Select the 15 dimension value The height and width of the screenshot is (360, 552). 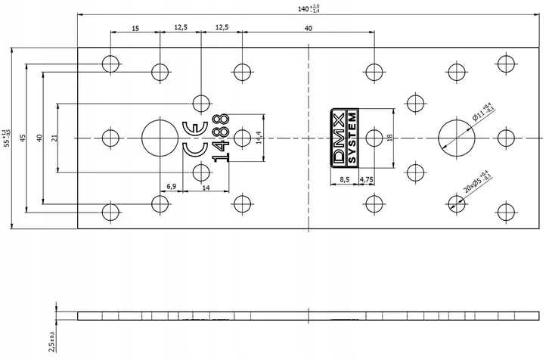[x=135, y=28]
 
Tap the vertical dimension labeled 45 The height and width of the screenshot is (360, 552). [x=23, y=138]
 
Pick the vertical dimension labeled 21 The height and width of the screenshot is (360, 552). [x=54, y=138]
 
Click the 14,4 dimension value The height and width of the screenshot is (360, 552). [x=258, y=138]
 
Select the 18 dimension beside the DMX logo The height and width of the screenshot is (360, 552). [x=389, y=138]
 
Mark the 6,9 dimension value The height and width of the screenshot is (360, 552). [x=171, y=186]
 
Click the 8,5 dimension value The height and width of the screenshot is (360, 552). [x=345, y=179]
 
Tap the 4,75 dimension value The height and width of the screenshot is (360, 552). [x=367, y=179]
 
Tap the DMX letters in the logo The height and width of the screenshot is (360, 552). [x=340, y=138]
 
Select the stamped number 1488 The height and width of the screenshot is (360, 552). [x=221, y=138]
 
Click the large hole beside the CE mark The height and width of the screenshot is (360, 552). [x=160, y=138]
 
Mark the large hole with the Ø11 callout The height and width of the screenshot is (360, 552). [x=456, y=138]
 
